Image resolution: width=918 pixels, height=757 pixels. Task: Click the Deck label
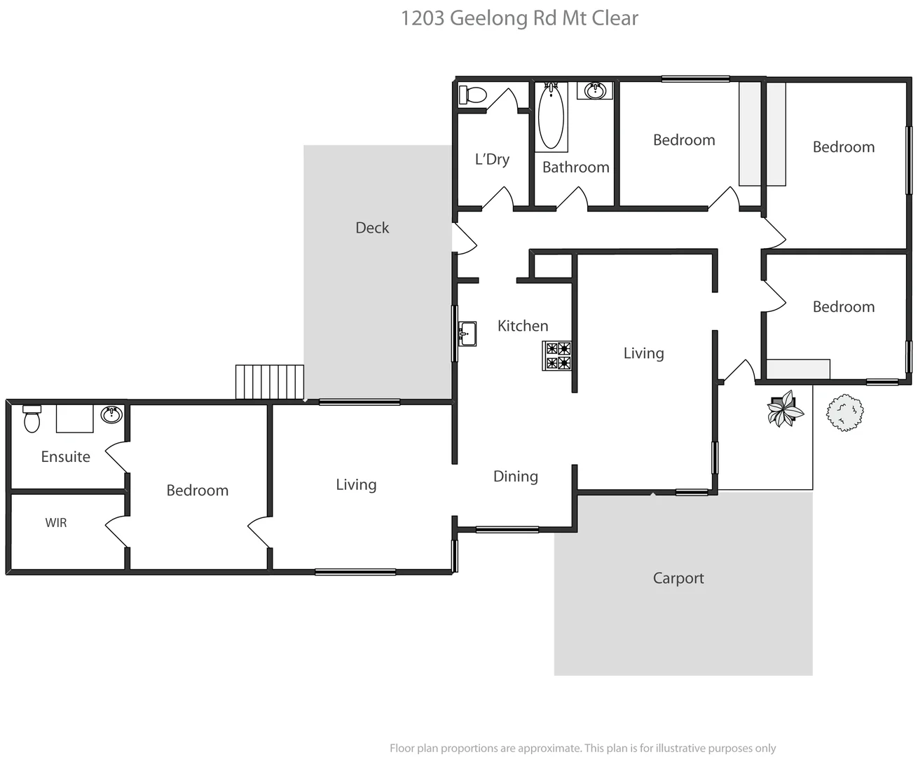click(372, 228)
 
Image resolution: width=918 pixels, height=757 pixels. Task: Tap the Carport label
click(678, 578)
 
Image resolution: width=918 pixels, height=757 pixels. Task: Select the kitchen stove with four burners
click(557, 355)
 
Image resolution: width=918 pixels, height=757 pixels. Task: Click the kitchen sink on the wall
click(467, 334)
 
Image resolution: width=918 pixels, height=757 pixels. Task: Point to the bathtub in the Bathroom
click(552, 117)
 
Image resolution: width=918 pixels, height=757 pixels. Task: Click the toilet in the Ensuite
click(32, 418)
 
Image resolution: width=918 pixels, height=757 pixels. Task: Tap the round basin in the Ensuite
click(111, 414)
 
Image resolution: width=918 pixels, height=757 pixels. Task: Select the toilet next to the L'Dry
click(473, 95)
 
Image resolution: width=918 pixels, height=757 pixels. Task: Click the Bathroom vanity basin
click(595, 90)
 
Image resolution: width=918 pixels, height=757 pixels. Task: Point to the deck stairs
click(270, 382)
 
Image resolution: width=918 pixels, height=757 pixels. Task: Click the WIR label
click(56, 523)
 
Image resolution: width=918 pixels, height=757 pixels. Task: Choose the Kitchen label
click(523, 326)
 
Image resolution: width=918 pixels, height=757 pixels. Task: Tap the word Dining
click(516, 477)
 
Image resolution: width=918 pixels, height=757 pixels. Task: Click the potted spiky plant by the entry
click(784, 409)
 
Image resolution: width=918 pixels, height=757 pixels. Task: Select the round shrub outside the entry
click(844, 413)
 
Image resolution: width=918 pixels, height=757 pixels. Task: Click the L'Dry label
click(492, 159)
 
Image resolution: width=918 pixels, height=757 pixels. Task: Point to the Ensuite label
click(66, 457)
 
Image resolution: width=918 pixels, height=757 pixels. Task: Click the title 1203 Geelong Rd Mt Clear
click(519, 18)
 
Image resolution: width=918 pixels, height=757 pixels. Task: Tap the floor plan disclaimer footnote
click(582, 748)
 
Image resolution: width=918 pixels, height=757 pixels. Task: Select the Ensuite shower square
click(75, 418)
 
